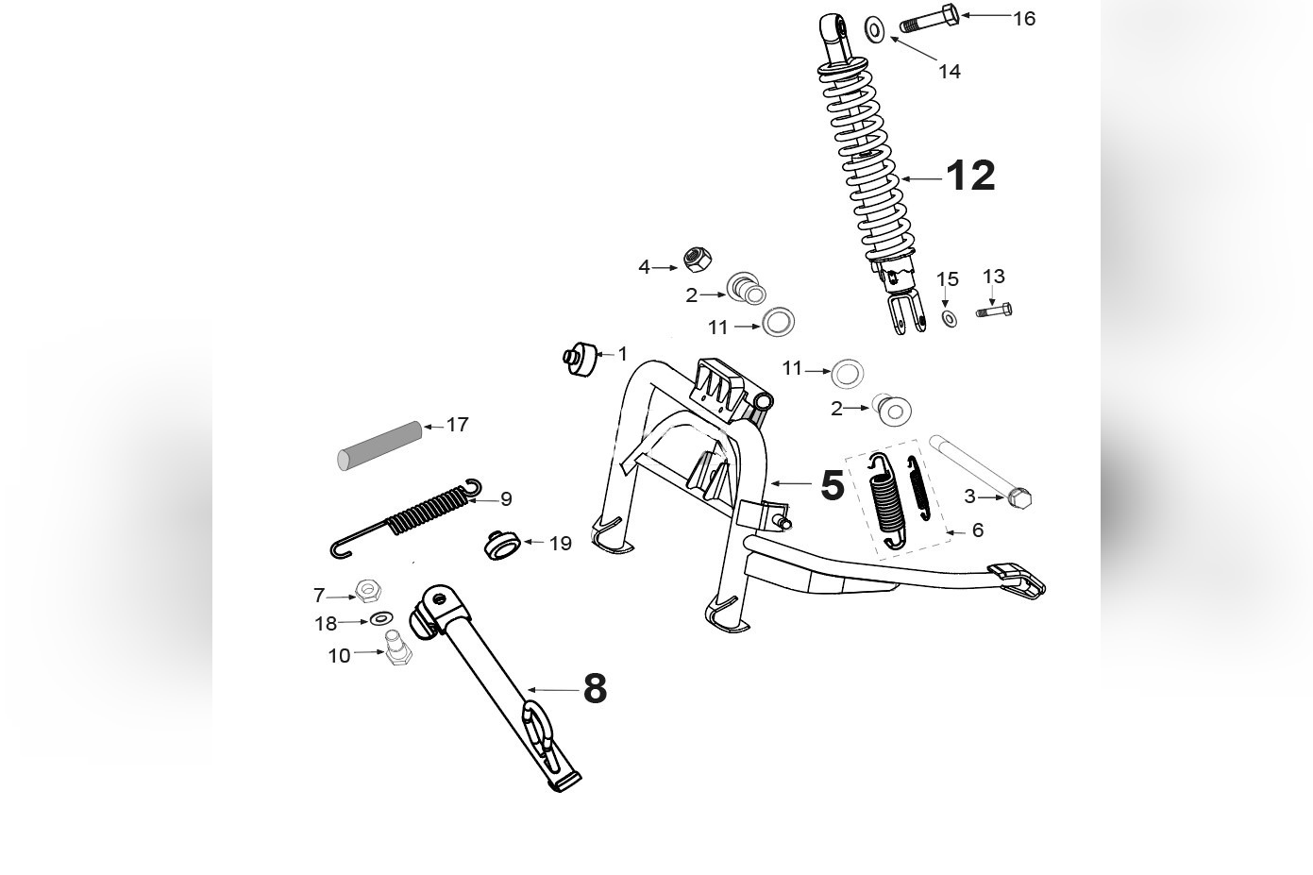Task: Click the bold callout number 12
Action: (969, 176)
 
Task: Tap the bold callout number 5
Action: (832, 485)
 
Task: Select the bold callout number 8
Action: (595, 689)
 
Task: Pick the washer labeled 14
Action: (875, 30)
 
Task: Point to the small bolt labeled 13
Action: (994, 310)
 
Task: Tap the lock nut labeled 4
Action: (697, 259)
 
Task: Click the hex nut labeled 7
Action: (368, 591)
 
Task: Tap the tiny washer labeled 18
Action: (380, 619)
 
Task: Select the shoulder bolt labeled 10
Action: (395, 651)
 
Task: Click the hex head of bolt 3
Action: (1020, 497)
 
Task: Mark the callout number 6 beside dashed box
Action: (977, 530)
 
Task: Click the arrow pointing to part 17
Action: (433, 427)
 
